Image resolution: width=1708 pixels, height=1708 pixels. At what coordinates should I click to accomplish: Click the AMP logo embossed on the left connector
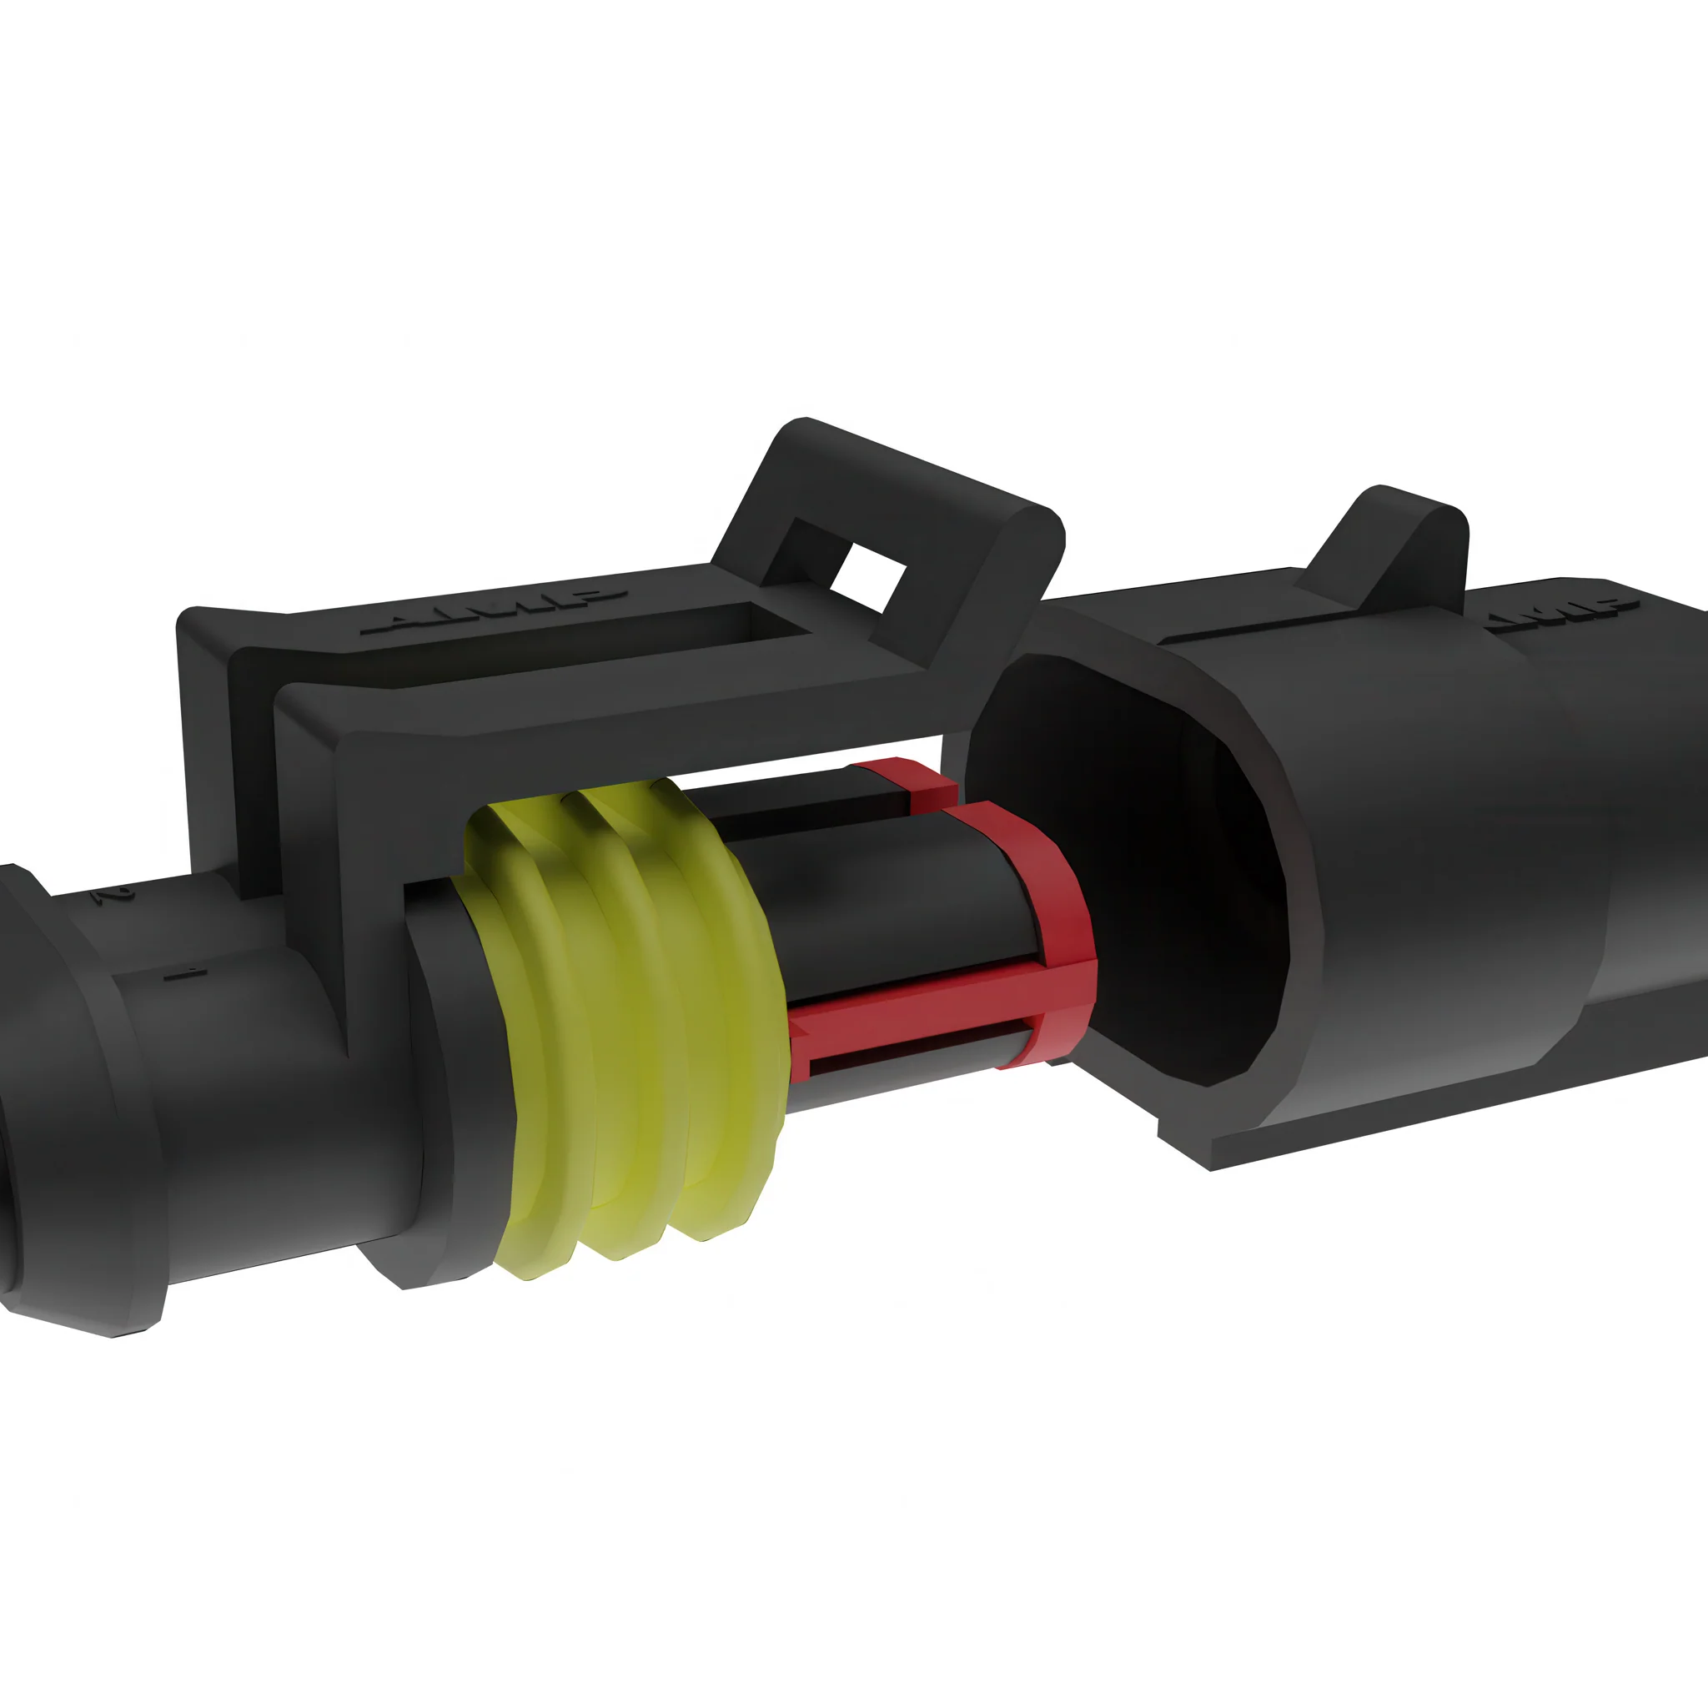point(495,612)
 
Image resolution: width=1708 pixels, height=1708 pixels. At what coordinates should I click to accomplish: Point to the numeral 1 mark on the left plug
point(186,973)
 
